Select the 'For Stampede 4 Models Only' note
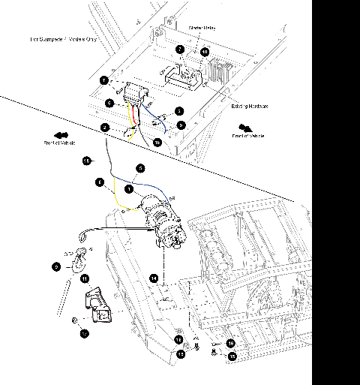tap(64, 38)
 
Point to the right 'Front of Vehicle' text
tap(247, 136)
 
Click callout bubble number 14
tap(153, 278)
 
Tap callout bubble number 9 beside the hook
tap(57, 265)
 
